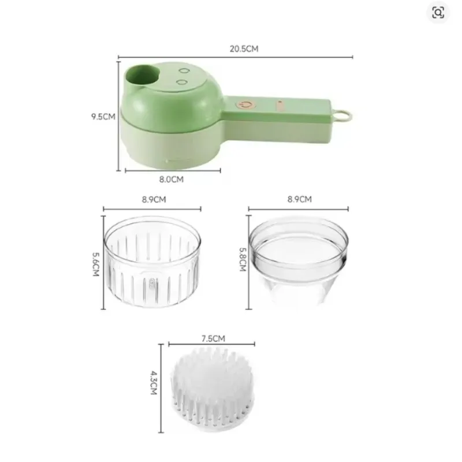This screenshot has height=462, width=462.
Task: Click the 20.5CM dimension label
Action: coord(244,49)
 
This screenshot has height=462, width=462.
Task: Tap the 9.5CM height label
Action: coord(103,117)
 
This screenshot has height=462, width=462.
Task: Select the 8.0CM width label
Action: coord(172,179)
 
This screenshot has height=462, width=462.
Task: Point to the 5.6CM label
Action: coord(96,264)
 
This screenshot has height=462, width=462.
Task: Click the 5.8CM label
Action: coord(243,259)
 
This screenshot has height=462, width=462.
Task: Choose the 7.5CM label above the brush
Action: coord(213,338)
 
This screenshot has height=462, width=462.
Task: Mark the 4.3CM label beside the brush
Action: coord(154,382)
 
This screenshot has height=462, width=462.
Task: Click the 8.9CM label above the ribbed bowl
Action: coord(154,199)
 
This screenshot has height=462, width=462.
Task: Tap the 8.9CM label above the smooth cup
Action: coord(300,199)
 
